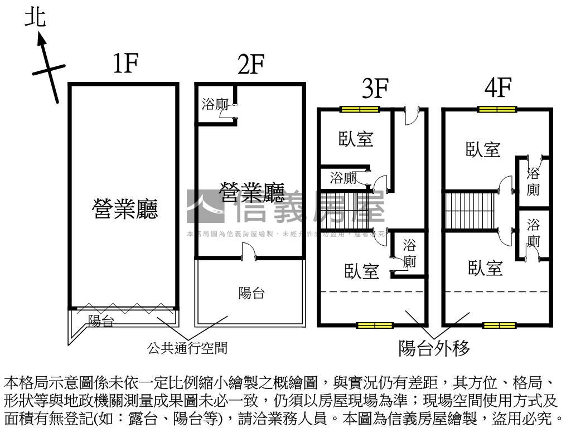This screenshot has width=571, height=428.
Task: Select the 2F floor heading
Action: tap(250, 65)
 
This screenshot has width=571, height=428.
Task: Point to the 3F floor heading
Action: tap(374, 88)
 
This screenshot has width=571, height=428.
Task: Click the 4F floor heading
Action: tap(498, 88)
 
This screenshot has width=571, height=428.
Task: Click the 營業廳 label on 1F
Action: tap(125, 209)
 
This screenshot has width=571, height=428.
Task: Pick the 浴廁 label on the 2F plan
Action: tap(215, 104)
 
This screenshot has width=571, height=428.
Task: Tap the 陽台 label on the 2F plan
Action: tap(251, 293)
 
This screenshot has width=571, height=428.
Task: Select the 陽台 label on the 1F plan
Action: tap(101, 321)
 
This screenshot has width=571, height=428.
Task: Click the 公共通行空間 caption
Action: tap(187, 349)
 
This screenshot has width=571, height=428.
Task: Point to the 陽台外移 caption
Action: tap(434, 349)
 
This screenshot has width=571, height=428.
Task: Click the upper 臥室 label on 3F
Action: tap(356, 139)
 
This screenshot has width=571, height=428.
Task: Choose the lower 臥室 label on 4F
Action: tap(485, 268)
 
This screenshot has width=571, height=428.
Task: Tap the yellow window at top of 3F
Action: tap(360, 109)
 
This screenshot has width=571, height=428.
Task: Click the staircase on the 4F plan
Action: tap(470, 209)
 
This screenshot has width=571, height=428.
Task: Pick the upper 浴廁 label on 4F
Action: tap(534, 181)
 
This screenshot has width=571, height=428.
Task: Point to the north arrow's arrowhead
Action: tap(41, 37)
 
